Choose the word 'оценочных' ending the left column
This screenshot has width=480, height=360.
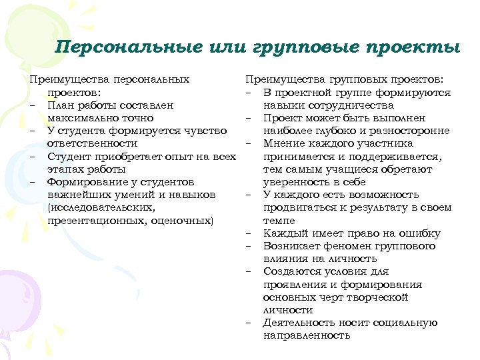(x=181, y=220)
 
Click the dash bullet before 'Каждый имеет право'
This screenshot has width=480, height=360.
(x=249, y=233)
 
